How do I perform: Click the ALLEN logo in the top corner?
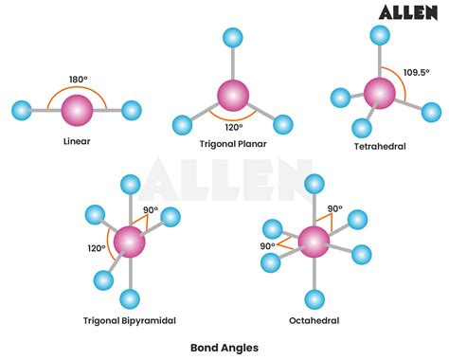409,12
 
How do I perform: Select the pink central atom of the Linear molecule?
78,111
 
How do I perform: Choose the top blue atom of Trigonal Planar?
230,39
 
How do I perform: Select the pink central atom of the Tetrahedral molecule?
379,93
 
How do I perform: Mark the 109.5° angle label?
417,71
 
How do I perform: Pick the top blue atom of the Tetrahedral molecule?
380,36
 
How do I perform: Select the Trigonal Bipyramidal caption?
129,320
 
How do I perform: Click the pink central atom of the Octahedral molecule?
313,243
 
